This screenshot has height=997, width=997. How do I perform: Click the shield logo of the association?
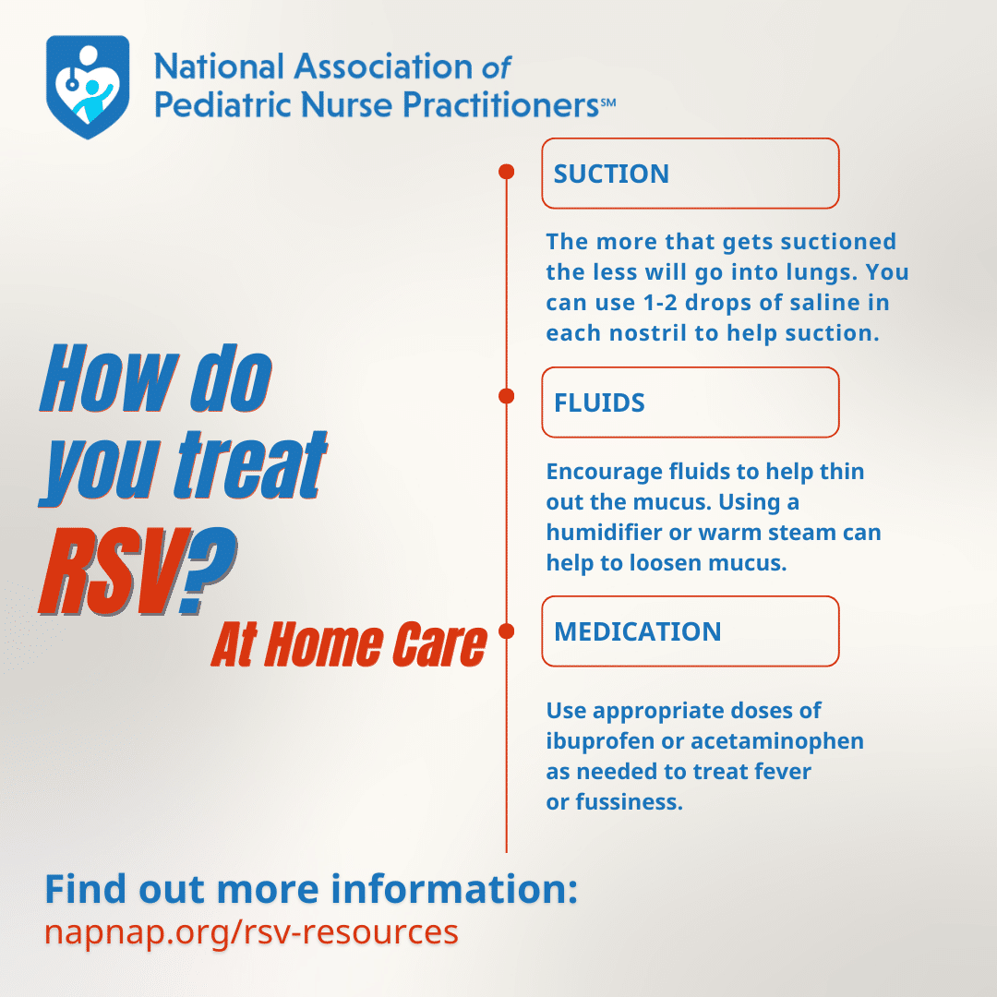(x=88, y=87)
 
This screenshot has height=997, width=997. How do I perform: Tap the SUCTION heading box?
(x=690, y=173)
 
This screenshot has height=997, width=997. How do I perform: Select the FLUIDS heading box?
(x=690, y=402)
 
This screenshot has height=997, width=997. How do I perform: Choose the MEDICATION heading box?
(x=690, y=631)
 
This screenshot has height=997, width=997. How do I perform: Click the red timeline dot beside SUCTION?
(x=506, y=172)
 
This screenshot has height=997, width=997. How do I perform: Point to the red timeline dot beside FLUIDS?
(x=506, y=396)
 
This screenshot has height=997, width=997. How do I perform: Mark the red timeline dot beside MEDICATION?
(x=506, y=631)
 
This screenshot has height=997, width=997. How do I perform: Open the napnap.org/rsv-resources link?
(x=251, y=932)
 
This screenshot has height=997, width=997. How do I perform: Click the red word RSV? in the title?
(x=138, y=571)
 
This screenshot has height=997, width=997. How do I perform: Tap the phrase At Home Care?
(x=349, y=644)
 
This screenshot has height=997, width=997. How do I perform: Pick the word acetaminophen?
(x=777, y=741)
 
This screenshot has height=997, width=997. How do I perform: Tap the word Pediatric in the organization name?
(x=222, y=104)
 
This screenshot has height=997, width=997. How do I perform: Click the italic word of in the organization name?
(x=496, y=67)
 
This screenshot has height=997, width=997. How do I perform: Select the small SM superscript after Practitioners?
(x=607, y=102)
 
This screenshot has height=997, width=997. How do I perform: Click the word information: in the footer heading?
(x=454, y=889)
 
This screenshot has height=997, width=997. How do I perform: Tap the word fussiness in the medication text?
(x=630, y=802)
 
